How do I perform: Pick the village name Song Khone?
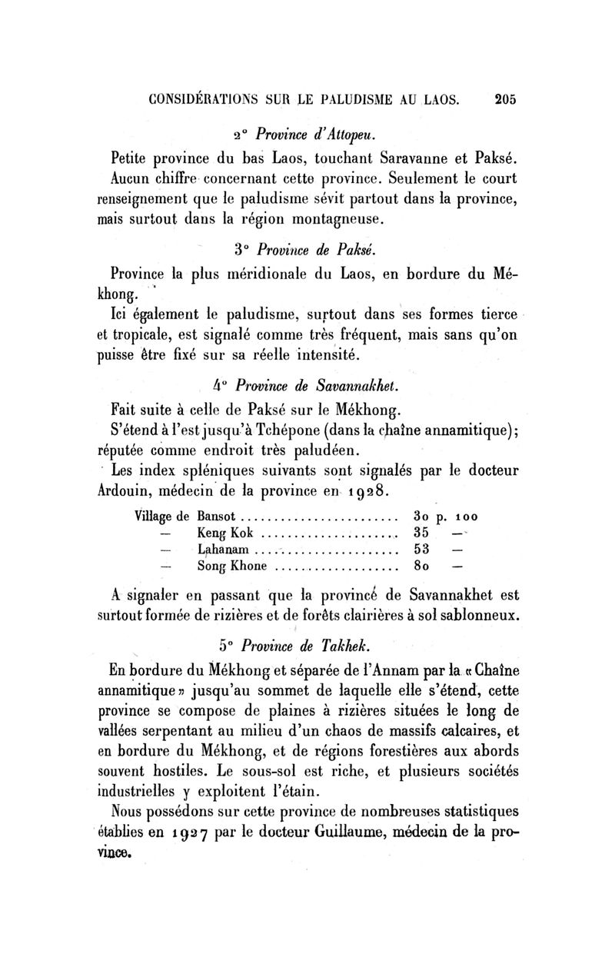(x=233, y=567)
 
